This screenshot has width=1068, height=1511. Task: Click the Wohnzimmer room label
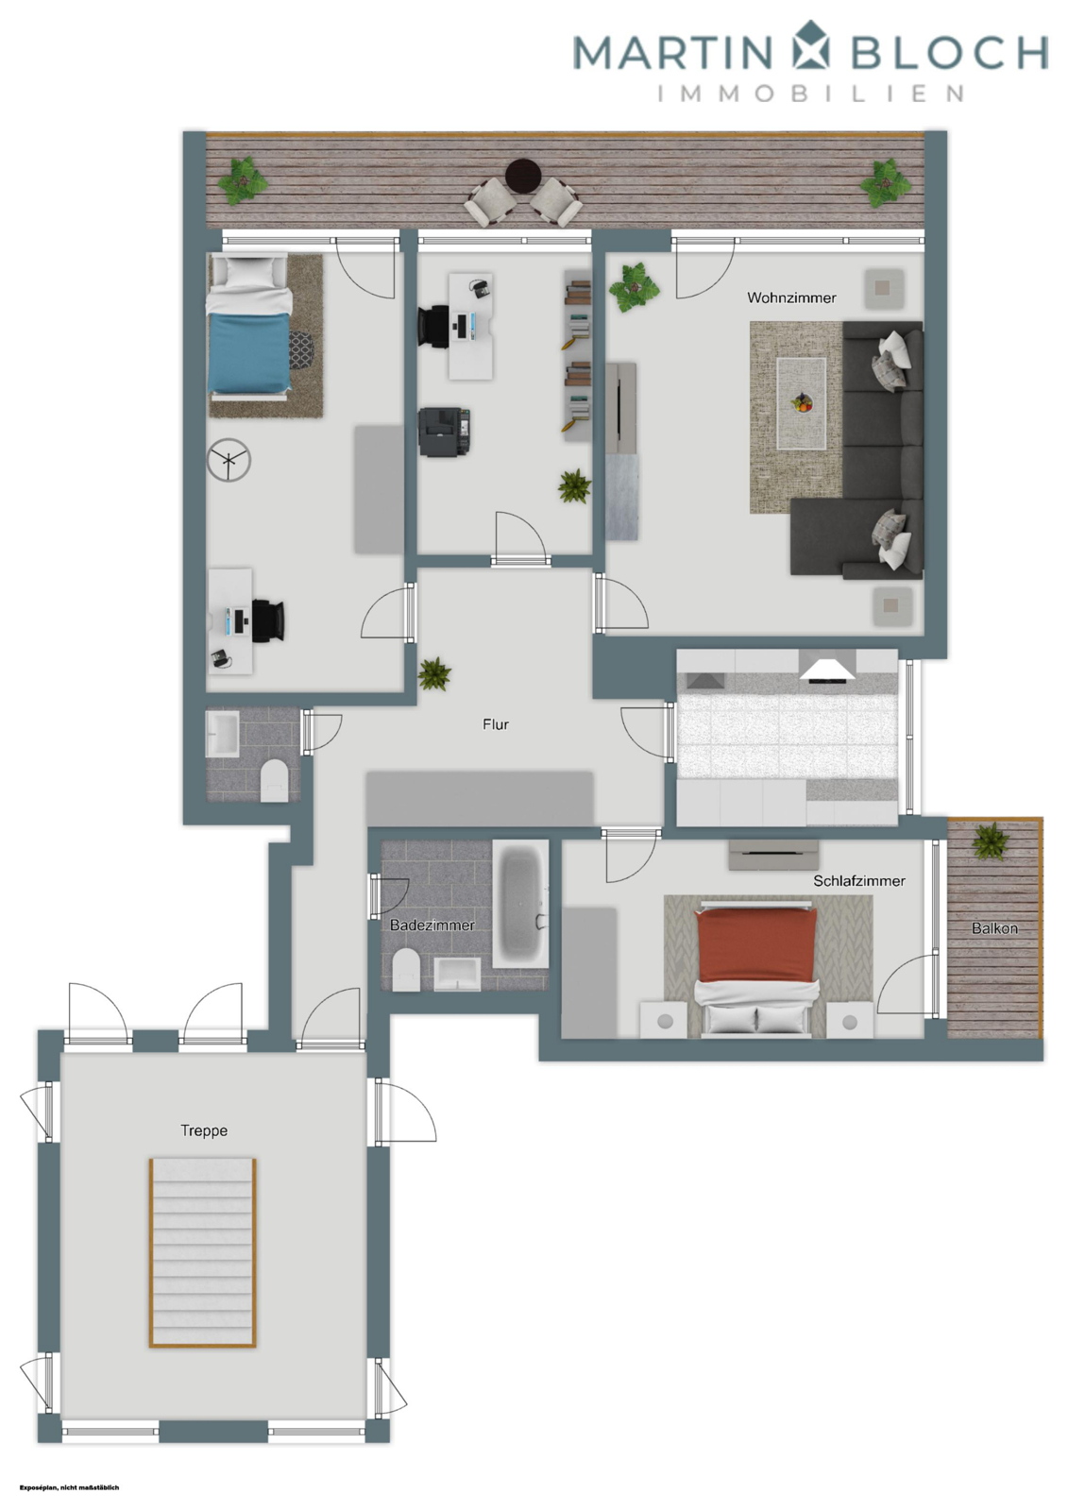[790, 297]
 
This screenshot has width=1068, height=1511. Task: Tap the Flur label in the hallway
[495, 724]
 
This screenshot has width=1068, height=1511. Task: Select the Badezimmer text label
[432, 925]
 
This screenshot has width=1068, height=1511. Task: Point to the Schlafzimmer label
[858, 880]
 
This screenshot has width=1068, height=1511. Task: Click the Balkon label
[994, 928]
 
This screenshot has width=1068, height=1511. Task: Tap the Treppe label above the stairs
[204, 1130]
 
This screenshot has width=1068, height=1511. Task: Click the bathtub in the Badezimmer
[520, 904]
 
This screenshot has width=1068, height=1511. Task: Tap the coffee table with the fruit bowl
[801, 402]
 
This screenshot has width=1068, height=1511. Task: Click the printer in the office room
[444, 432]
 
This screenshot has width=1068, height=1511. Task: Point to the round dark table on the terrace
[522, 175]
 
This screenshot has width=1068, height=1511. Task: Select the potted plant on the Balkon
[991, 840]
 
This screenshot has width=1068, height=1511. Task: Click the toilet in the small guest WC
[274, 781]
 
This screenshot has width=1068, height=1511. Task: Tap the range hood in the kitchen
[827, 666]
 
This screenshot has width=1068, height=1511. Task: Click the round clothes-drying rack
[229, 460]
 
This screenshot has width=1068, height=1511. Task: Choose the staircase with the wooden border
[202, 1251]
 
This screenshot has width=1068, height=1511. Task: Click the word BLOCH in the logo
[949, 53]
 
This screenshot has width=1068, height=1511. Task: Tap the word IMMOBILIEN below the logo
[810, 93]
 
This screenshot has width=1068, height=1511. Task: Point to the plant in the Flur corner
[434, 673]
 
